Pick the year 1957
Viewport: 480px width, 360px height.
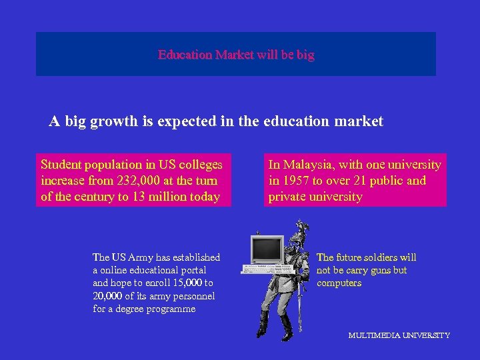[x=297, y=181]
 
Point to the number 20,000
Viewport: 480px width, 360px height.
[x=107, y=296]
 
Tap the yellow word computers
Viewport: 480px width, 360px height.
[x=339, y=283]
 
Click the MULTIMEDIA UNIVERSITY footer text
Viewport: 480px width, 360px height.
[x=399, y=335]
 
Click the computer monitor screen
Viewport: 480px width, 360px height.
[x=267, y=249]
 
